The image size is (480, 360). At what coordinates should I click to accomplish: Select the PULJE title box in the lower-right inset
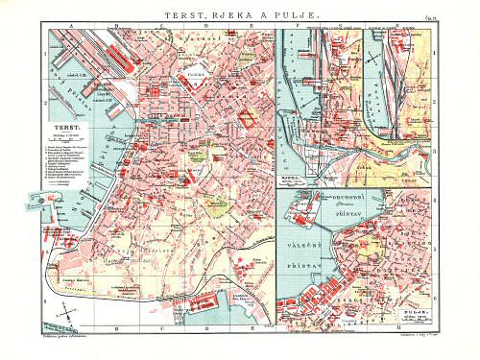pos(416,312)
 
